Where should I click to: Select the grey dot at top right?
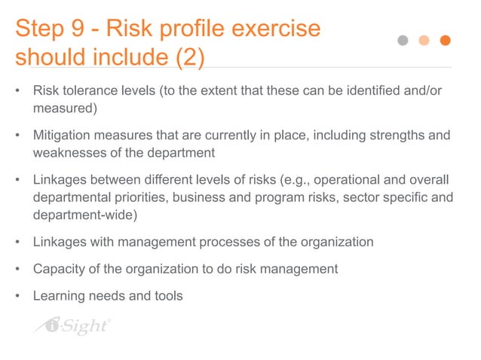click(x=404, y=41)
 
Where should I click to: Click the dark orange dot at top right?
click(x=446, y=41)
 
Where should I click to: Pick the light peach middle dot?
click(x=425, y=41)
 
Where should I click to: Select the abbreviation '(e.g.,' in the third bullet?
click(x=294, y=180)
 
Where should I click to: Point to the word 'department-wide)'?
click(x=84, y=215)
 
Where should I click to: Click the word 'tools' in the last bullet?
click(x=168, y=295)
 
